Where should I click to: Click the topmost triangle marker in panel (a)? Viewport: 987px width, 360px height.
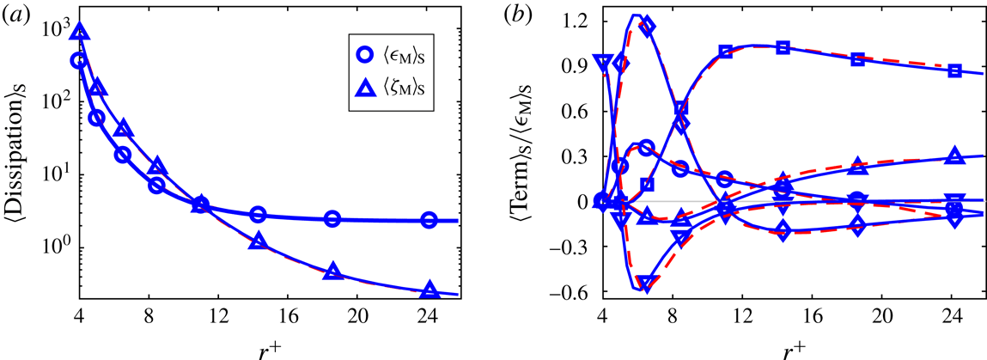[x=81, y=33]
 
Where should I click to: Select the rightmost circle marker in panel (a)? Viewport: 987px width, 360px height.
[x=429, y=221]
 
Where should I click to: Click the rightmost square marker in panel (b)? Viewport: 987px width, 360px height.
[x=954, y=70]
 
